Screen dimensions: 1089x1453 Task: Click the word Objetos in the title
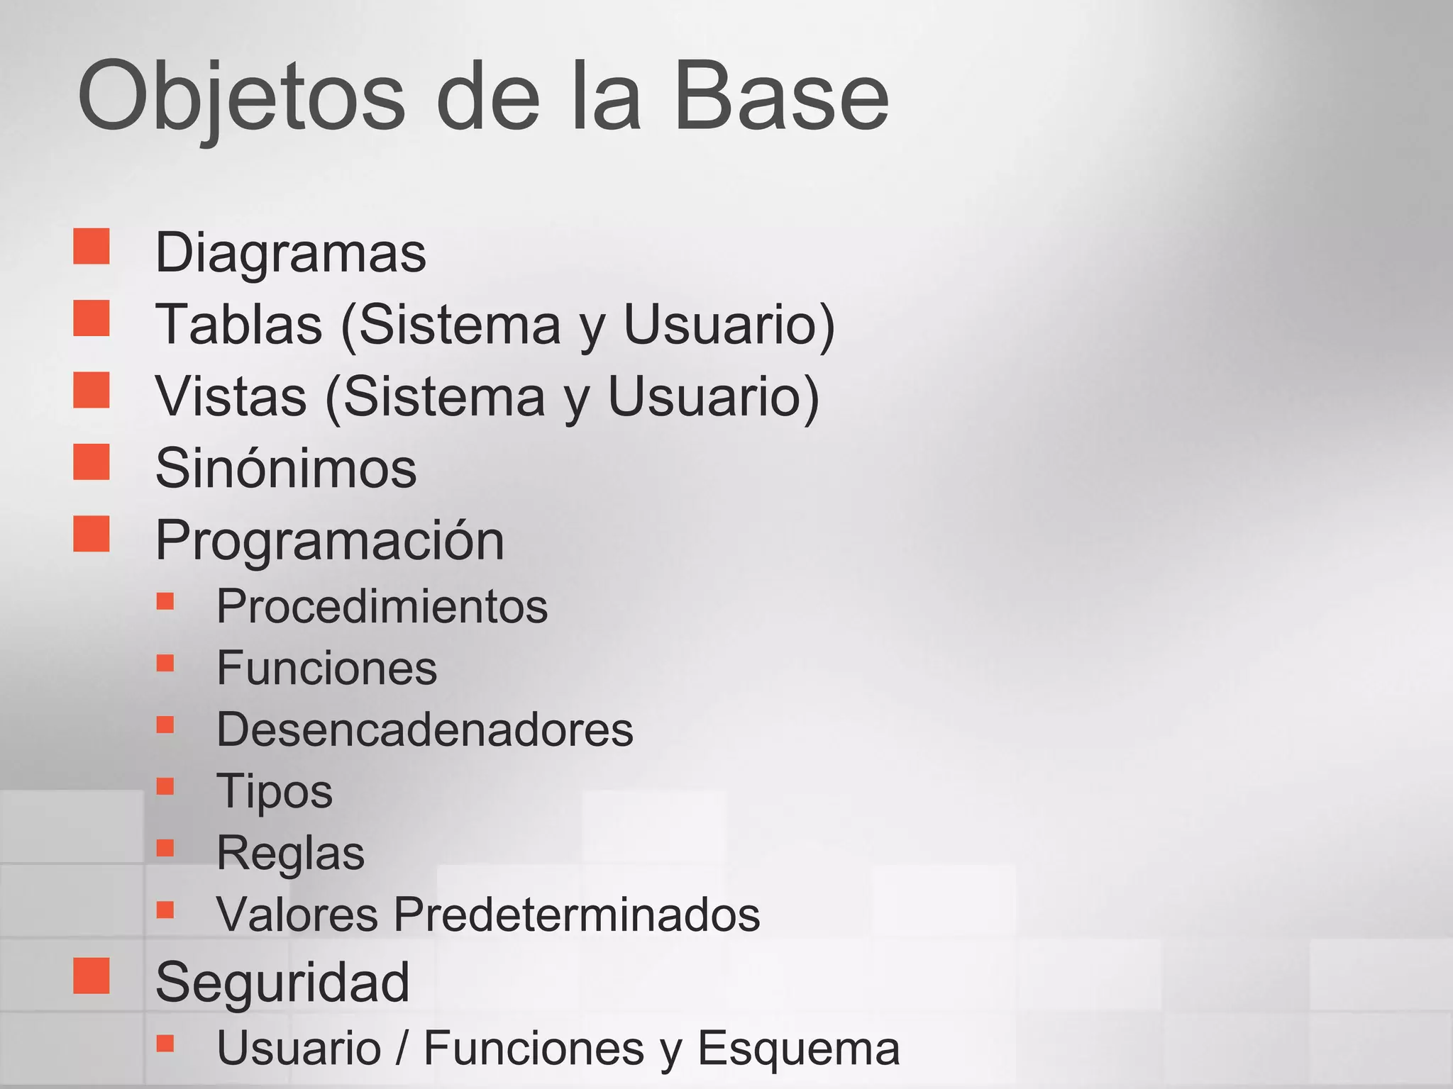tap(241, 96)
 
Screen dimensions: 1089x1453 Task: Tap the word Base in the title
tap(780, 96)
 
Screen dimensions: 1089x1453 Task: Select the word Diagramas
tap(291, 252)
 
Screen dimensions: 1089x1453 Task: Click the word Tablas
tap(239, 325)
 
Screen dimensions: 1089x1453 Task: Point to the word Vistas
tap(231, 396)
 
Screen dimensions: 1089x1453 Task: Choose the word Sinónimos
tap(286, 468)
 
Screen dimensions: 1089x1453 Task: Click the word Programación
tap(330, 540)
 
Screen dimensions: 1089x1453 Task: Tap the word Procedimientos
tap(382, 607)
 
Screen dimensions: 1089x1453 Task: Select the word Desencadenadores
tap(425, 730)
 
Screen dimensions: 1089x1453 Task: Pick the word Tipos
tap(275, 791)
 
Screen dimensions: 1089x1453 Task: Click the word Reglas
tap(291, 853)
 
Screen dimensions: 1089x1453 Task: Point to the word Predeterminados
tap(577, 914)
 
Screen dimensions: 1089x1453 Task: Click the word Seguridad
tap(282, 983)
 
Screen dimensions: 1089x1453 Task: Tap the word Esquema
tap(799, 1048)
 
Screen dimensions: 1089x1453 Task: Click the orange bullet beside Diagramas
tap(92, 246)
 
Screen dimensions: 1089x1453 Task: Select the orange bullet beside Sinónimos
tap(92, 462)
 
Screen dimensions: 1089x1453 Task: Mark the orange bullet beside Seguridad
tap(92, 976)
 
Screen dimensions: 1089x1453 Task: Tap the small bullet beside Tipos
tap(165, 786)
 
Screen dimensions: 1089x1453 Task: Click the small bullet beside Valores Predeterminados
tap(165, 909)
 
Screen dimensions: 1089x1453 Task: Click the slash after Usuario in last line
tap(402, 1048)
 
